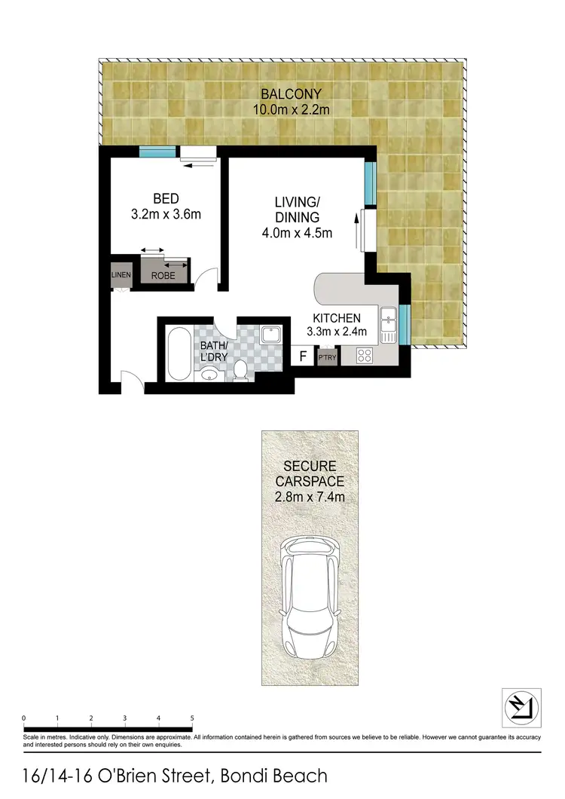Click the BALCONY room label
[x=292, y=94]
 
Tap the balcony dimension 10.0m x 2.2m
[x=292, y=109]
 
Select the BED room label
[x=166, y=199]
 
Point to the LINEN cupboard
[x=121, y=275]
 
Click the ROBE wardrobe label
[x=163, y=276]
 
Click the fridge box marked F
[x=303, y=356]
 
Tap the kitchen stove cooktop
[x=365, y=355]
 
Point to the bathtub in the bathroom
[x=179, y=353]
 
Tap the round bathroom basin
[x=209, y=373]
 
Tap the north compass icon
[x=521, y=706]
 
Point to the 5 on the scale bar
[x=193, y=718]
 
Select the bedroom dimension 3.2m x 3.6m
[x=166, y=214]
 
